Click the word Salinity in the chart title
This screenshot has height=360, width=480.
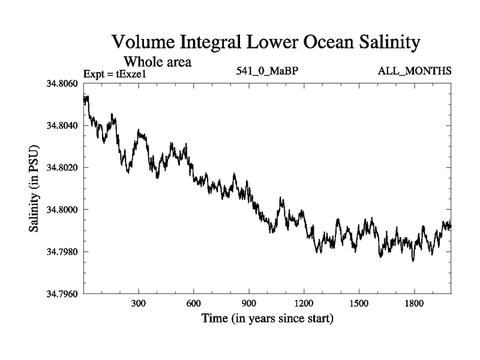pos(382,43)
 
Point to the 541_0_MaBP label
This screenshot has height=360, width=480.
pos(268,71)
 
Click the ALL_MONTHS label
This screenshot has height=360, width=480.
pos(414,71)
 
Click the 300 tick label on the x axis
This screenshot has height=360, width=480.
pos(139,303)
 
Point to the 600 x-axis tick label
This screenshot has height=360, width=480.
pos(194,303)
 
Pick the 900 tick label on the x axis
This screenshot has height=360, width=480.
pos(249,303)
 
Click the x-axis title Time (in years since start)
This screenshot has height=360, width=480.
pos(267,318)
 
